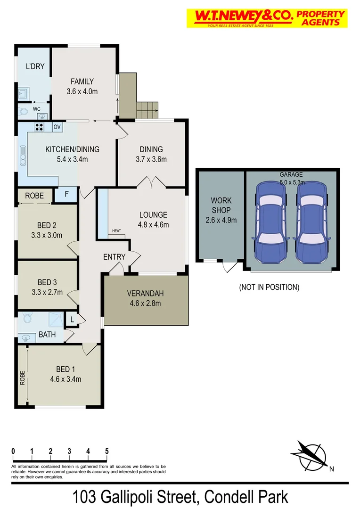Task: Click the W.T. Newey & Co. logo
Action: (x=267, y=18)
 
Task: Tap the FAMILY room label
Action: (x=82, y=81)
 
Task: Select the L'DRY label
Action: (x=35, y=66)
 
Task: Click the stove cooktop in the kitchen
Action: (x=39, y=127)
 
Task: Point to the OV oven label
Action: (x=57, y=127)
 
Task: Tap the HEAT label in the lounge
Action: (x=116, y=231)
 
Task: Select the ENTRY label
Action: (x=115, y=257)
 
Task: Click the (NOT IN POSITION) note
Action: (x=269, y=287)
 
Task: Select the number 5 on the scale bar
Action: (x=107, y=451)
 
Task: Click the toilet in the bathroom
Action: (x=26, y=319)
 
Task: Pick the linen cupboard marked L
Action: (x=72, y=320)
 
